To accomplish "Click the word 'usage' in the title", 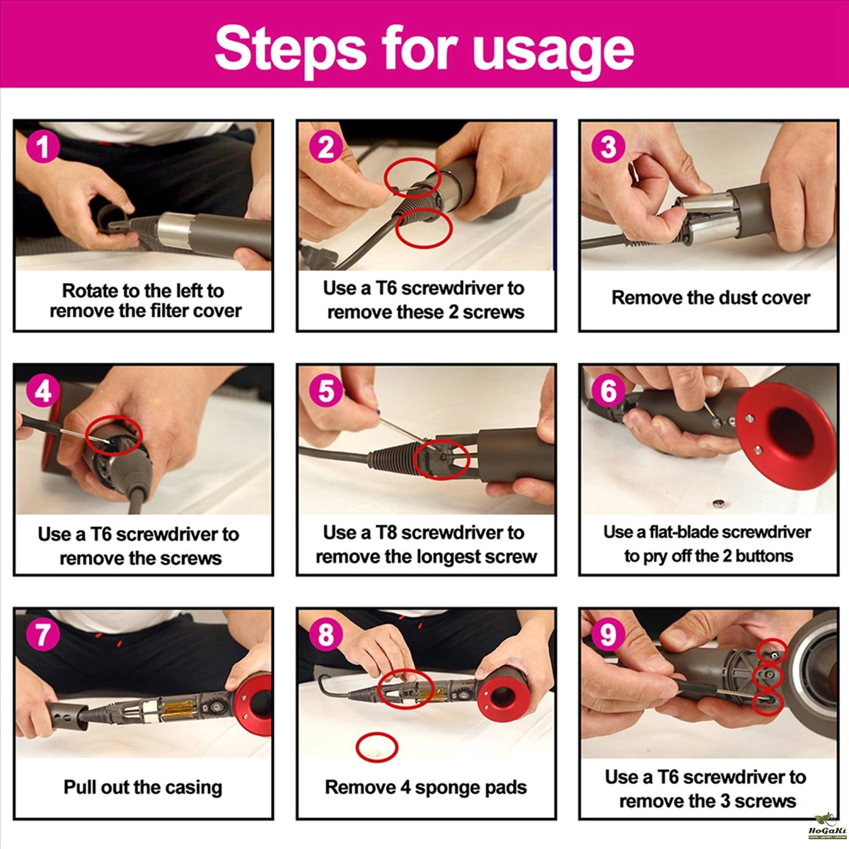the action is coord(553,51).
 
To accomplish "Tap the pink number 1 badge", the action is coord(42,146).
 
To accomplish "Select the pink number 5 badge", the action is coord(326,391).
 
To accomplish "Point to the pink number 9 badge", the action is coord(608,635).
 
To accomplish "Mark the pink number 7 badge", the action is coord(42,635).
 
